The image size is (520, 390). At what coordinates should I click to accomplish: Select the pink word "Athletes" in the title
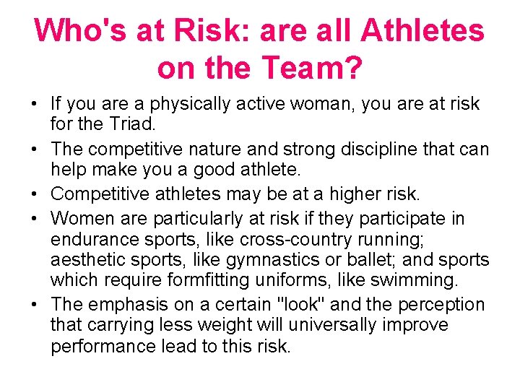pos(422,31)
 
